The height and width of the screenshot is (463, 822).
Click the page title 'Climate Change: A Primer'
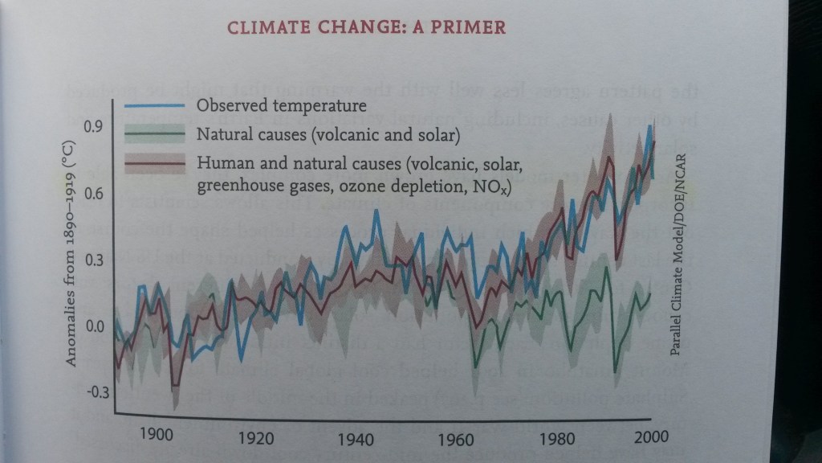tap(367, 27)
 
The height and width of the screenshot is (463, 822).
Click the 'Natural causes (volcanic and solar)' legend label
tap(328, 134)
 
